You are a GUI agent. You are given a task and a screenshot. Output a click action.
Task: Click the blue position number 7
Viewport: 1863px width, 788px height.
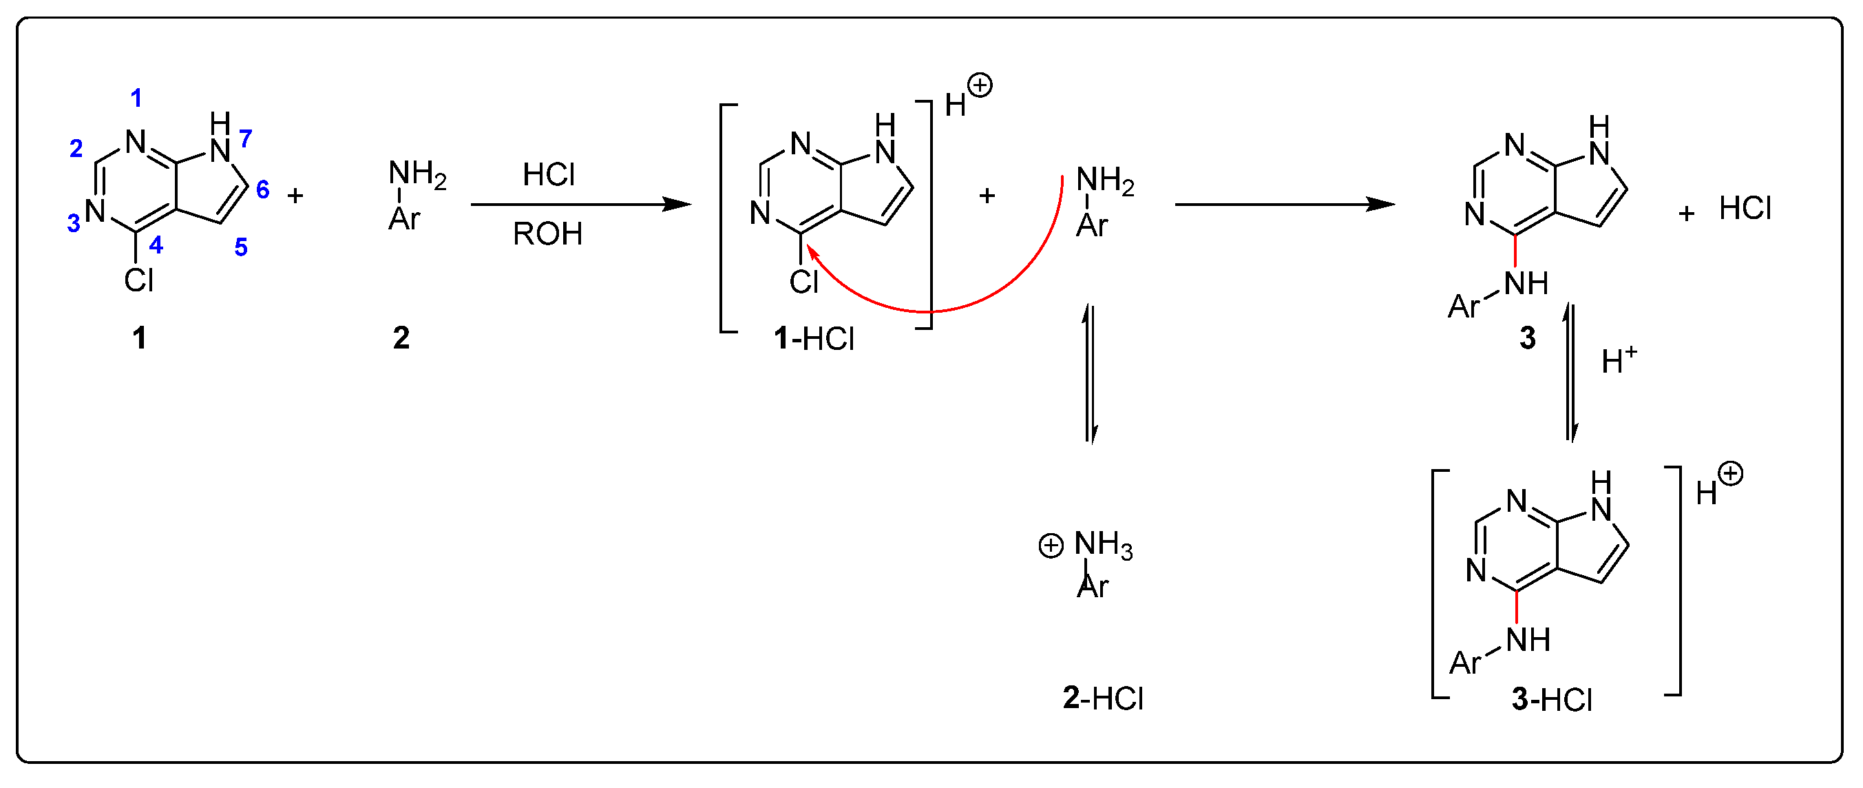[245, 138]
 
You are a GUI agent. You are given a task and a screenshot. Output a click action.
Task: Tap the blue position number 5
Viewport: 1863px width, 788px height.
[241, 247]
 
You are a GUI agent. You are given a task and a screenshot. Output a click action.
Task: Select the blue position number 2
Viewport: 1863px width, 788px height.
[76, 148]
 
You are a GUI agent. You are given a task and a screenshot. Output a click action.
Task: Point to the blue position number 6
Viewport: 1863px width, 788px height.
[262, 189]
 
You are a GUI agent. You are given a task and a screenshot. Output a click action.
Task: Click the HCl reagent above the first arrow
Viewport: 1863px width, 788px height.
[548, 175]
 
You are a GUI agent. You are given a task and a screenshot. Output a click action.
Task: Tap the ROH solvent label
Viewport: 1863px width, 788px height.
[547, 234]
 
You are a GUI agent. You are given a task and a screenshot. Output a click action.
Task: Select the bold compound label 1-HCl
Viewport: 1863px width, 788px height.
[814, 339]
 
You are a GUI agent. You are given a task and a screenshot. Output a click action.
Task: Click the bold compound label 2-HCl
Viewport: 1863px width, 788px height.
[1103, 698]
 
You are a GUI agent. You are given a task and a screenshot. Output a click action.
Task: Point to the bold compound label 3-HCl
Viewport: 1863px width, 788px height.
[1552, 700]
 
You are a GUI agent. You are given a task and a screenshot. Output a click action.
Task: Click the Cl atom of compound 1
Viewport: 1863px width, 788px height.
[138, 281]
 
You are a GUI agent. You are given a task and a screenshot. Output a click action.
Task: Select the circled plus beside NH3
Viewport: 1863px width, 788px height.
[1051, 546]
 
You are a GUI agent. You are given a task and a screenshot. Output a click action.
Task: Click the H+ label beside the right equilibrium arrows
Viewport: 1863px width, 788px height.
[1619, 360]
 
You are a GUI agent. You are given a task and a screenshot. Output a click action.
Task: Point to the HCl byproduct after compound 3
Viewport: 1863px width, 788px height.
[1745, 209]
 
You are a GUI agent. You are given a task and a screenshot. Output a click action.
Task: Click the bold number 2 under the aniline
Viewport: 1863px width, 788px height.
[401, 338]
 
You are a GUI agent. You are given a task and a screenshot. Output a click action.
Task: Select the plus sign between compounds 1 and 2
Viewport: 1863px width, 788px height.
[295, 196]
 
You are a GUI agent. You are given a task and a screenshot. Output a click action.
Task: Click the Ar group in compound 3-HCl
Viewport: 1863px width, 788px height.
[1465, 663]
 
